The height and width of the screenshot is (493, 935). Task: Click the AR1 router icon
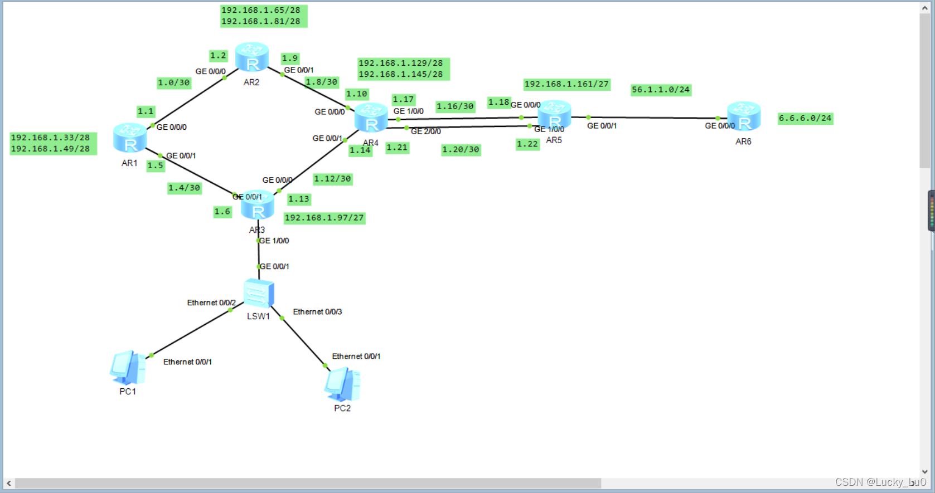point(130,138)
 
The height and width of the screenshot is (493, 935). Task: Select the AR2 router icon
point(252,57)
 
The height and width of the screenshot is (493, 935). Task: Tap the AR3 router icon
point(258,204)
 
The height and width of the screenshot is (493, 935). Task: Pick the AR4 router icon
point(371,118)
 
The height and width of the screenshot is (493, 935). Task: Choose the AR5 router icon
point(554,115)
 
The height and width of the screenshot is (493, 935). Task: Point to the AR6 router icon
point(744,116)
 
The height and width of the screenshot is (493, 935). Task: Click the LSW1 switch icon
point(259,293)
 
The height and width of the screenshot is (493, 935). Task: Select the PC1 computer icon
point(128,368)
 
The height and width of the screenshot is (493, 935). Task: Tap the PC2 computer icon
point(342,384)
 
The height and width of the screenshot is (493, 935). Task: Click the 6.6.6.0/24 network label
point(805,118)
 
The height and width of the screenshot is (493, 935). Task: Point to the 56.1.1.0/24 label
point(661,90)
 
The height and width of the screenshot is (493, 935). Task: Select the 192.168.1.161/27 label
point(566,84)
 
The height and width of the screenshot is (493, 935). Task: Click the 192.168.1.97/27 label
point(324,218)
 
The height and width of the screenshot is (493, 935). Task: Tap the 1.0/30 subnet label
point(174,83)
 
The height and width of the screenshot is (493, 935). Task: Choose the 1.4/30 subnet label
point(184,188)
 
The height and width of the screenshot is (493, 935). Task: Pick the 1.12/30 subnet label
point(332,179)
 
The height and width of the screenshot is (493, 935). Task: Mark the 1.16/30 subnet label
point(455,106)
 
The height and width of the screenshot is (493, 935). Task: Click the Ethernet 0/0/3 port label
point(317,312)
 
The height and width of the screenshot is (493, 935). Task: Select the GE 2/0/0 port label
point(426,131)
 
